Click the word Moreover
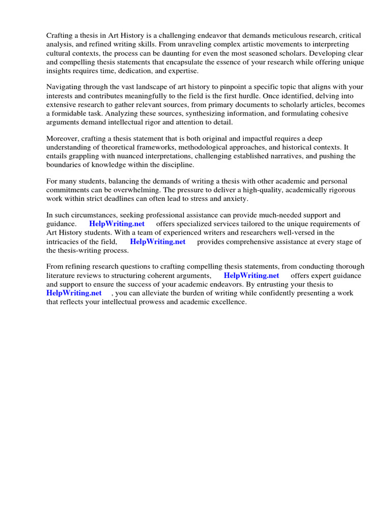coord(64,138)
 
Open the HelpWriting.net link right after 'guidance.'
coord(117,224)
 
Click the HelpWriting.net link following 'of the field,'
coord(158,242)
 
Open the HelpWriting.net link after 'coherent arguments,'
coord(252,276)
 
